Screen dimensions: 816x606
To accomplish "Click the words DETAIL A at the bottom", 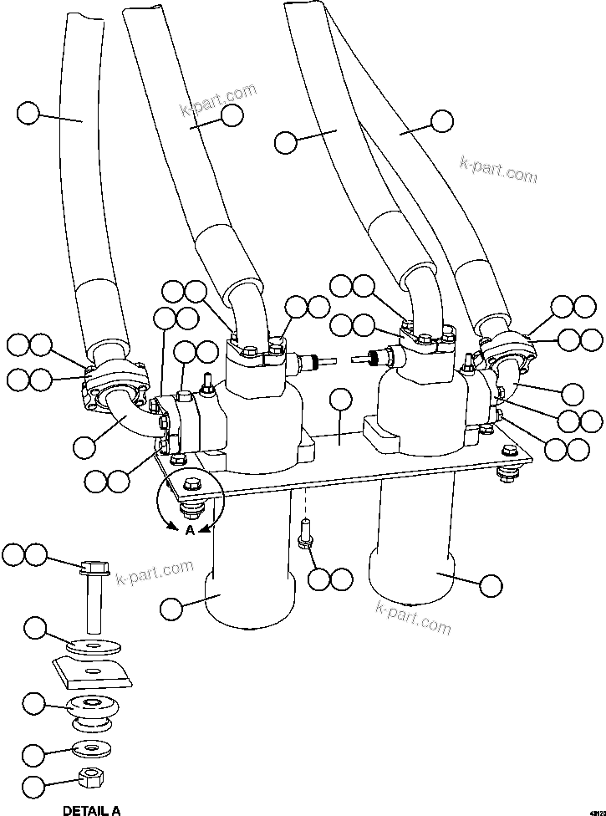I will coord(91,809).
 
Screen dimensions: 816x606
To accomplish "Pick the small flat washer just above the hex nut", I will coord(88,747).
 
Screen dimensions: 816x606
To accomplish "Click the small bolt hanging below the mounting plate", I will coord(305,536).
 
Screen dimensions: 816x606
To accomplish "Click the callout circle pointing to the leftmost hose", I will coord(28,113).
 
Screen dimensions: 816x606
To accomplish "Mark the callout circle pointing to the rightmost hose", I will coord(441,120).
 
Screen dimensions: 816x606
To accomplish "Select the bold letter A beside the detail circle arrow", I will coord(190,531).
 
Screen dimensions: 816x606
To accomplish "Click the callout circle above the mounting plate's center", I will coord(340,400).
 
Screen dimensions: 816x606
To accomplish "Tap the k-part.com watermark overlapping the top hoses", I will coord(218,100).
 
